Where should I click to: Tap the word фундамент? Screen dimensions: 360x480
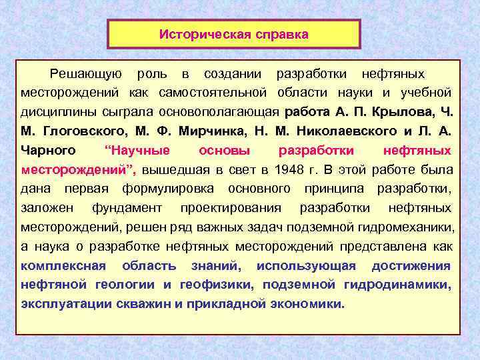pos(127,207)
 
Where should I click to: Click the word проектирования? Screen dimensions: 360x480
pos(231,207)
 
